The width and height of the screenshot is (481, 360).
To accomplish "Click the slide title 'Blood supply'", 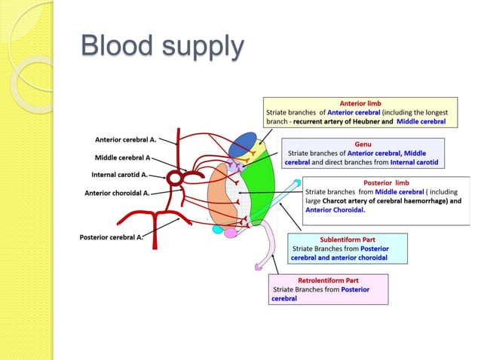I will pos(163,47).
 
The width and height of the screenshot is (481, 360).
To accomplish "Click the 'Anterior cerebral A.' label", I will pos(125,139).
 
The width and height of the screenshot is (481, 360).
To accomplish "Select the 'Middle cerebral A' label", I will pos(122,158).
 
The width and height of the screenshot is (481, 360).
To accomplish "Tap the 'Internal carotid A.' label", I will pos(121,175).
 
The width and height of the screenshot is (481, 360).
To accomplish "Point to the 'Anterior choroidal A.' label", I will pos(117,193).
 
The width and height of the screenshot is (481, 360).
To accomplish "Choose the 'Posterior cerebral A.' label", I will pos(112,237).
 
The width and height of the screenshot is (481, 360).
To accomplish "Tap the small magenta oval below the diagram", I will pos(231,233).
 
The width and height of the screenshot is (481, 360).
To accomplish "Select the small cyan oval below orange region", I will pos(217,229).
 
